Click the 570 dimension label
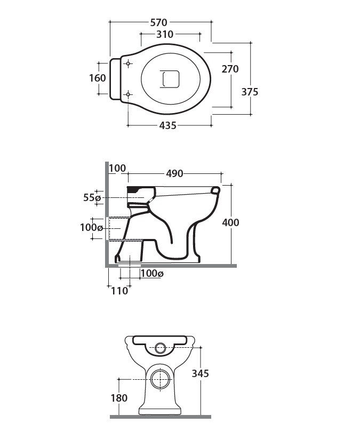[159, 22]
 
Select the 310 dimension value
[165, 34]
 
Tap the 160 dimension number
[97, 78]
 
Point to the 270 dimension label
[230, 69]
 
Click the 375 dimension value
[250, 92]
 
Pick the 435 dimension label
[167, 126]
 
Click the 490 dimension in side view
[174, 173]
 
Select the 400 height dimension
[230, 222]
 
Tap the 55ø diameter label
[92, 198]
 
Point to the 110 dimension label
[119, 291]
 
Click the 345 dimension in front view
[200, 373]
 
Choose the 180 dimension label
[119, 398]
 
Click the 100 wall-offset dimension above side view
[117, 169]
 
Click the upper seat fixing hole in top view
[128, 65]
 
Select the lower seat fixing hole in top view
[128, 95]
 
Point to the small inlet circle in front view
[160, 349]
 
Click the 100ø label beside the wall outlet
[91, 228]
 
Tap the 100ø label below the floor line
[151, 274]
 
